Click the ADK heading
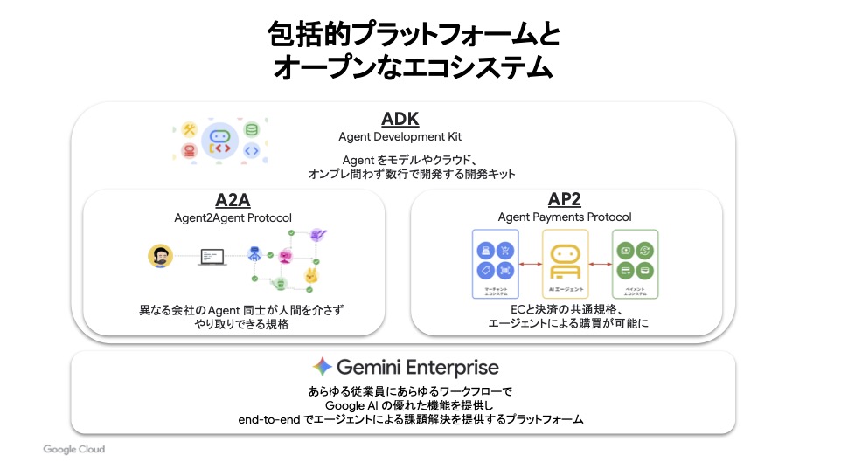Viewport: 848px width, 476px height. (400, 119)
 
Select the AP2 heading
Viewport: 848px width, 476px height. (565, 199)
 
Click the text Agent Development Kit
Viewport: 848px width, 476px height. (400, 137)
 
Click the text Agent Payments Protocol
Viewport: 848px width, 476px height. (565, 217)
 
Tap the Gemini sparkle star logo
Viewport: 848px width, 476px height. (322, 367)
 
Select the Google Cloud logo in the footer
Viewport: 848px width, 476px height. (74, 449)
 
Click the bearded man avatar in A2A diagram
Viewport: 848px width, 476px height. (160, 256)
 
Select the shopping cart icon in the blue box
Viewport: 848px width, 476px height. (505, 249)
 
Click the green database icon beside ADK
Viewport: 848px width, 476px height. (252, 129)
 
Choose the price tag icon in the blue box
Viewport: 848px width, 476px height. (486, 270)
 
